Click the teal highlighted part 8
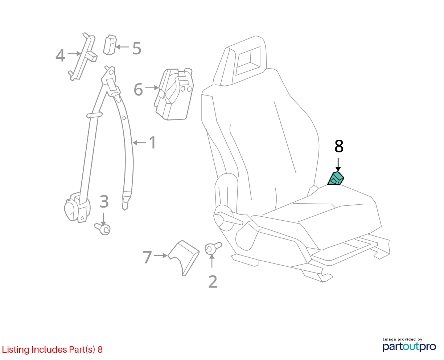pyautogui.click(x=336, y=179)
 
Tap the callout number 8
pyautogui.click(x=339, y=146)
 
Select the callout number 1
pyautogui.click(x=153, y=143)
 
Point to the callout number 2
pyautogui.click(x=213, y=282)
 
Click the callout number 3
pyautogui.click(x=104, y=201)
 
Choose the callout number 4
pyautogui.click(x=60, y=56)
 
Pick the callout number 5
pyautogui.click(x=137, y=48)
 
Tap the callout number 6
pyautogui.click(x=138, y=90)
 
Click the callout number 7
pyautogui.click(x=147, y=257)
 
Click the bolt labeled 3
pyautogui.click(x=103, y=229)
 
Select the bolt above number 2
pyautogui.click(x=213, y=248)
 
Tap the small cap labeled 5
pyautogui.click(x=110, y=45)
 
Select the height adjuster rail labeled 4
pyautogui.click(x=83, y=57)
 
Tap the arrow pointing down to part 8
pyautogui.click(x=338, y=165)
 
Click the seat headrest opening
pyautogui.click(x=248, y=61)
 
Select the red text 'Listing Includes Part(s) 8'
pyautogui.click(x=52, y=349)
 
